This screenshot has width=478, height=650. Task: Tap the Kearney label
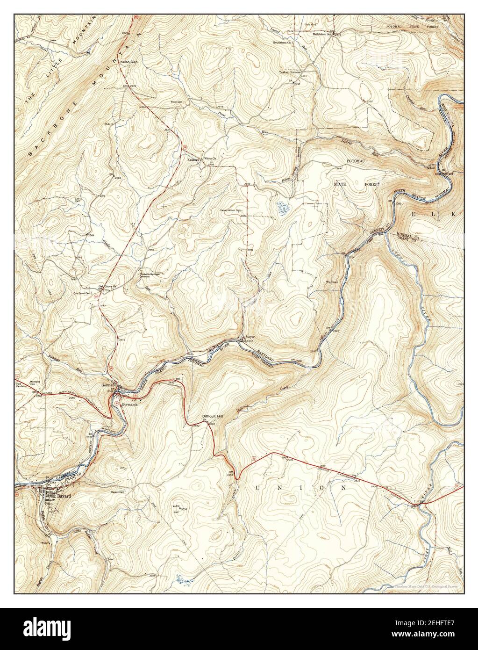click(x=193, y=159)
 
